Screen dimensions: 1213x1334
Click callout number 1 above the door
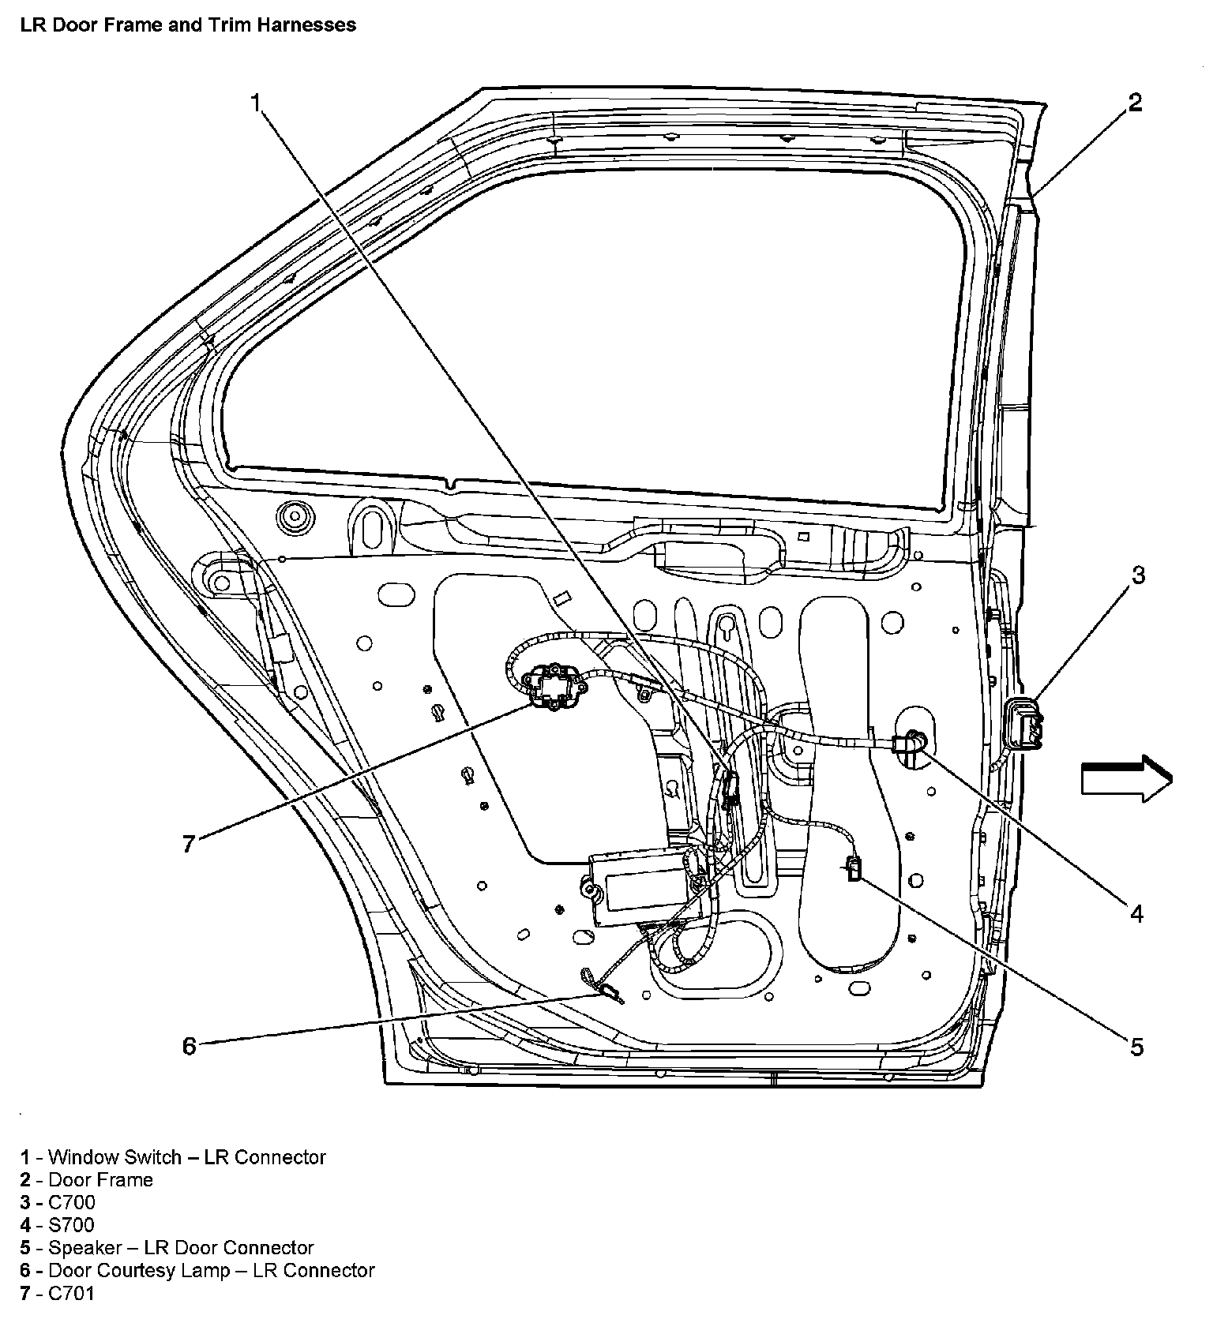tap(255, 103)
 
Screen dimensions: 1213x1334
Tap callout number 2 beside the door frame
tap(1135, 103)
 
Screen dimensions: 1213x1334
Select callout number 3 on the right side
tap(1137, 575)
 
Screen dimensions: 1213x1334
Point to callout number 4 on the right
tap(1136, 913)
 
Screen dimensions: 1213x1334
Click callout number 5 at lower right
tap(1136, 1047)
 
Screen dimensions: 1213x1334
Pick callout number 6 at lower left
tap(190, 1046)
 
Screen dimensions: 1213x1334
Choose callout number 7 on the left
tap(188, 845)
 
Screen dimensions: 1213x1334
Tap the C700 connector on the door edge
tap(1025, 724)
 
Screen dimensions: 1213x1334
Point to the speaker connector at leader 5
tap(854, 869)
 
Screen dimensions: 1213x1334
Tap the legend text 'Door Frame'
tap(100, 1179)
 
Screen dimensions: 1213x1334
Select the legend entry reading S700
tap(71, 1224)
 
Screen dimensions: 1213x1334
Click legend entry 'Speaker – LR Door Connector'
tap(181, 1247)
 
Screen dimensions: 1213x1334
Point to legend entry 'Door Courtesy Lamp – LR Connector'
tap(211, 1270)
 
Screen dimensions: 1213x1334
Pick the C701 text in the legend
tap(71, 1293)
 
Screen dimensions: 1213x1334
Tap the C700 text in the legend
tap(71, 1202)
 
